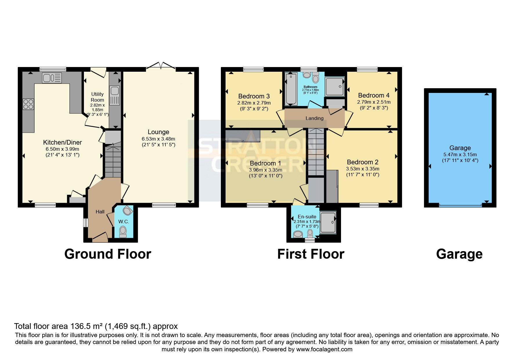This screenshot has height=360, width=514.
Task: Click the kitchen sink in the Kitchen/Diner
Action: coord(52,78)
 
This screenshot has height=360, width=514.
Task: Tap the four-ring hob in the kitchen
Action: coord(28,104)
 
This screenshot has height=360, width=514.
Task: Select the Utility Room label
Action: coord(97,97)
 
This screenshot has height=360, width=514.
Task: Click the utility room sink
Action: coord(115,91)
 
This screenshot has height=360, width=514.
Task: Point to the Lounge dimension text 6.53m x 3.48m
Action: coord(158,139)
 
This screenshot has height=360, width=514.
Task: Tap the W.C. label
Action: coord(123,222)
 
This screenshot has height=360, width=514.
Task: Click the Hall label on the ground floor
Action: coord(100,212)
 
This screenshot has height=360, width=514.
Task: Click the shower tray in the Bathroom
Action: coord(334,86)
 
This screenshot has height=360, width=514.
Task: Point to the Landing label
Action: coord(314,118)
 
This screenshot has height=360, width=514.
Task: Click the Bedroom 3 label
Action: coord(254,96)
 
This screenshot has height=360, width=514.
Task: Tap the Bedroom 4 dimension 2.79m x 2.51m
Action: coord(374,102)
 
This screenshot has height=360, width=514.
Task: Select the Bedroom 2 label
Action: coord(362,162)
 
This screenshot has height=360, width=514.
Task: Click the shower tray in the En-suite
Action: coord(328,222)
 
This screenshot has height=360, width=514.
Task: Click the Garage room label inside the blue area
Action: coord(460,148)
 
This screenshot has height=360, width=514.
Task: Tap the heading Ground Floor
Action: coord(108,254)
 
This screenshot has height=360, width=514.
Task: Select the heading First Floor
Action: coord(311,254)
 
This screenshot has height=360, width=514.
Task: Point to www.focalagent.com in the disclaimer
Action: coord(324,349)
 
